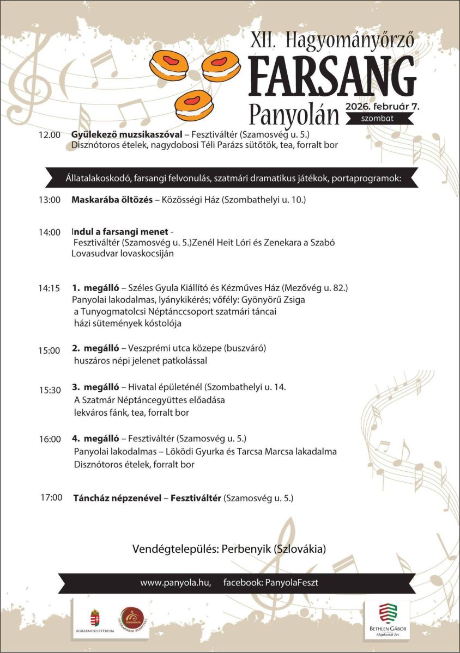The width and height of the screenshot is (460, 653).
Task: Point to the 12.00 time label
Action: (49, 135)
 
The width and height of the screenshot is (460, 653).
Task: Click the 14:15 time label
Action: (49, 288)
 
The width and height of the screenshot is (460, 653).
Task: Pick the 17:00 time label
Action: (51, 497)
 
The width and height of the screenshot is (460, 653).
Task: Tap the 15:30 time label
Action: (49, 390)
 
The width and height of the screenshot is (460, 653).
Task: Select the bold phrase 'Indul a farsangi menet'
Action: (120, 232)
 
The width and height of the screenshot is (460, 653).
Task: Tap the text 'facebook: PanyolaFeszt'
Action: (271, 582)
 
